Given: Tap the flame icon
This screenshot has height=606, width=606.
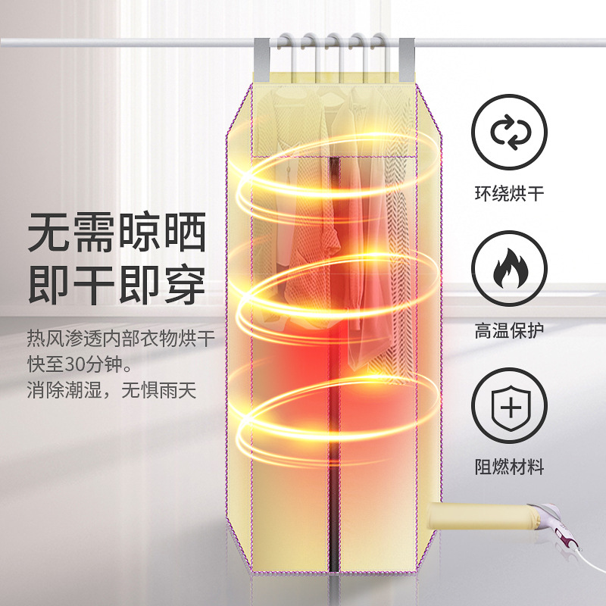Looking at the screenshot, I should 508,268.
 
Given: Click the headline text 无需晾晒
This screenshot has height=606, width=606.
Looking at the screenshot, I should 117,233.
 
